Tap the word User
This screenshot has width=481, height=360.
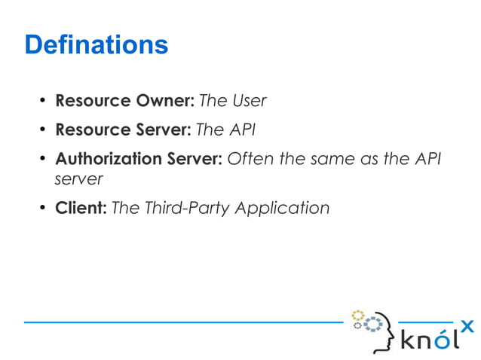[x=250, y=100]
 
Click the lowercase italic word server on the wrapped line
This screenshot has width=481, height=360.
[x=78, y=180]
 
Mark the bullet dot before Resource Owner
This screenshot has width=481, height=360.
[x=43, y=101]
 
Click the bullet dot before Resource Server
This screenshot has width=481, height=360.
[x=43, y=130]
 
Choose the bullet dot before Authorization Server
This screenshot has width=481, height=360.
[x=43, y=160]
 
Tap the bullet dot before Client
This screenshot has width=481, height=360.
[x=43, y=209]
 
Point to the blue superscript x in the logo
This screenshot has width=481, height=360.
[x=467, y=325]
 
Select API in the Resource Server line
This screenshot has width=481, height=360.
[x=241, y=130]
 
